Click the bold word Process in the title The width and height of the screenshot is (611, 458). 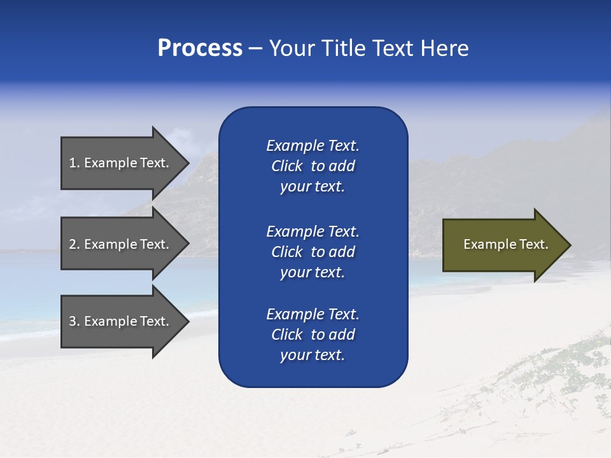(200, 48)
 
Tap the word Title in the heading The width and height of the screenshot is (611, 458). (344, 48)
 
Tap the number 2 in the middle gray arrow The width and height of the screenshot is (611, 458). (73, 244)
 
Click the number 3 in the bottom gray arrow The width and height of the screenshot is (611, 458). (73, 321)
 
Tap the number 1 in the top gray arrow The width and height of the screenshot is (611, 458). (73, 163)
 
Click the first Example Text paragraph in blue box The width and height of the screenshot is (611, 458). (313, 166)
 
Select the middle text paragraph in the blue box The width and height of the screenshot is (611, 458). (313, 252)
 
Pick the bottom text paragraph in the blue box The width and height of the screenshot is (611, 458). (313, 335)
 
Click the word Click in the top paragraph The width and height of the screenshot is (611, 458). (286, 166)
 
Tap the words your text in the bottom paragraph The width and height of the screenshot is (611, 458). (313, 355)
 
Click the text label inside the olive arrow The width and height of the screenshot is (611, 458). (505, 244)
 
